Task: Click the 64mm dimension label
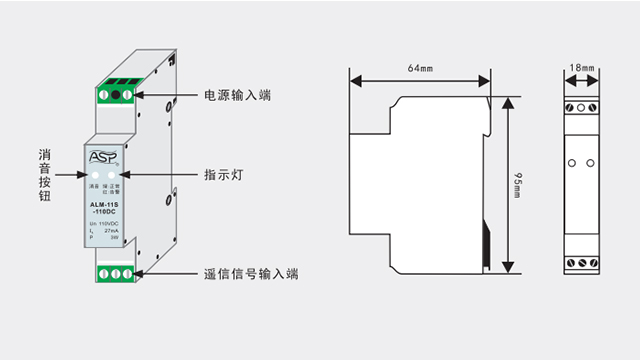tap(419, 68)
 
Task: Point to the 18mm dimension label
tap(581, 68)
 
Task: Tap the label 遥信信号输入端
tap(251, 273)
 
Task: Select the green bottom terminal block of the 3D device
tap(115, 272)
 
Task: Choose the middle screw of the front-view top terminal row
tap(581, 105)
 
